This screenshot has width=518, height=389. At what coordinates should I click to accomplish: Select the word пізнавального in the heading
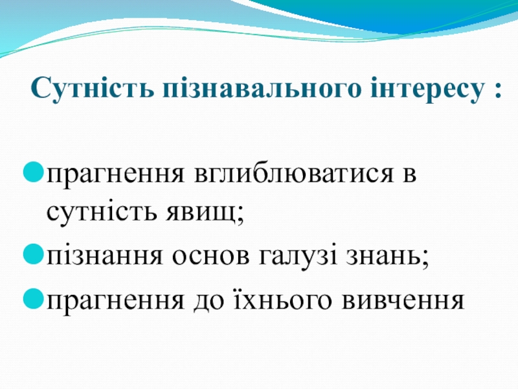click(x=261, y=89)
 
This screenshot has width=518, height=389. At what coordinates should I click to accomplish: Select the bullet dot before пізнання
click(x=34, y=254)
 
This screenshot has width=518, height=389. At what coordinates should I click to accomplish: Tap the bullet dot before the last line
click(x=34, y=298)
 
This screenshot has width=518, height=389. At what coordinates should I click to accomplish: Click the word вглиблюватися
click(x=294, y=174)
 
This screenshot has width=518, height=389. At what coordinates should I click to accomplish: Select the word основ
click(x=210, y=256)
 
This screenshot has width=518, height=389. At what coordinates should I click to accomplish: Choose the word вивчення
click(x=403, y=300)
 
